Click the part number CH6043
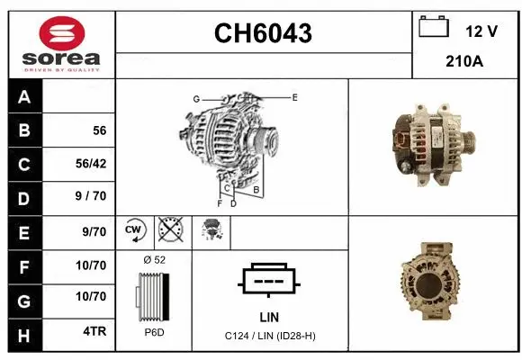[x=263, y=33]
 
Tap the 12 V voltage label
[x=481, y=31]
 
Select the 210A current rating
[x=464, y=62]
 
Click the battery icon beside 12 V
[x=434, y=27]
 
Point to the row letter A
[x=25, y=97]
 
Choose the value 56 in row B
[x=99, y=130]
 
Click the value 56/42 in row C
[x=93, y=164]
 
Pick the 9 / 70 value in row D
[x=93, y=197]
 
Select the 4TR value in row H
[x=94, y=330]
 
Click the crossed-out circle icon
[x=168, y=231]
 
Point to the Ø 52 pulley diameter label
[x=154, y=259]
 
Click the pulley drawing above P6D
[x=154, y=296]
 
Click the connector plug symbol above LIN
[x=268, y=281]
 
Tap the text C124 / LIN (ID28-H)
[x=269, y=336]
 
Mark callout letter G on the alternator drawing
[x=195, y=98]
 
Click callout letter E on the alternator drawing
[x=294, y=96]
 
